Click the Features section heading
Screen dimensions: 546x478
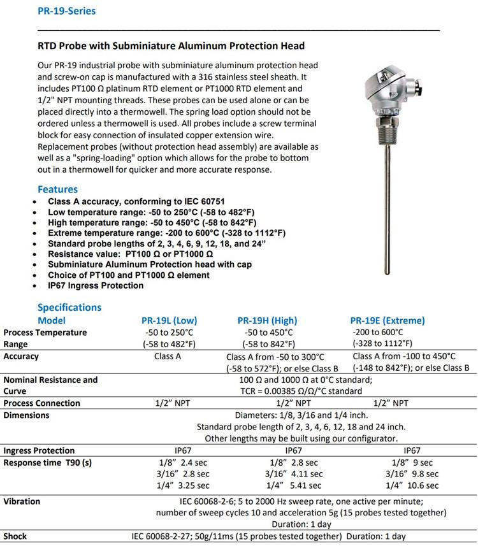pos(57,189)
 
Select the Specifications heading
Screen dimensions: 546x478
pos(69,307)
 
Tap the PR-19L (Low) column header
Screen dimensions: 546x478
pos(168,320)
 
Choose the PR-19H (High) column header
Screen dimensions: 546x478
pos(268,320)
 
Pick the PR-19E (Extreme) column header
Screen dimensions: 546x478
pos(387,320)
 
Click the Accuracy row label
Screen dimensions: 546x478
pos(21,357)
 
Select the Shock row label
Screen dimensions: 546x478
pos(15,536)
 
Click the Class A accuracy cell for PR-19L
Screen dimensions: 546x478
pos(168,357)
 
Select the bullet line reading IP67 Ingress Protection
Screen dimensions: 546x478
pos(96,285)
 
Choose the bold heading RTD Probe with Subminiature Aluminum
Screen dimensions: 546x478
pos(171,46)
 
